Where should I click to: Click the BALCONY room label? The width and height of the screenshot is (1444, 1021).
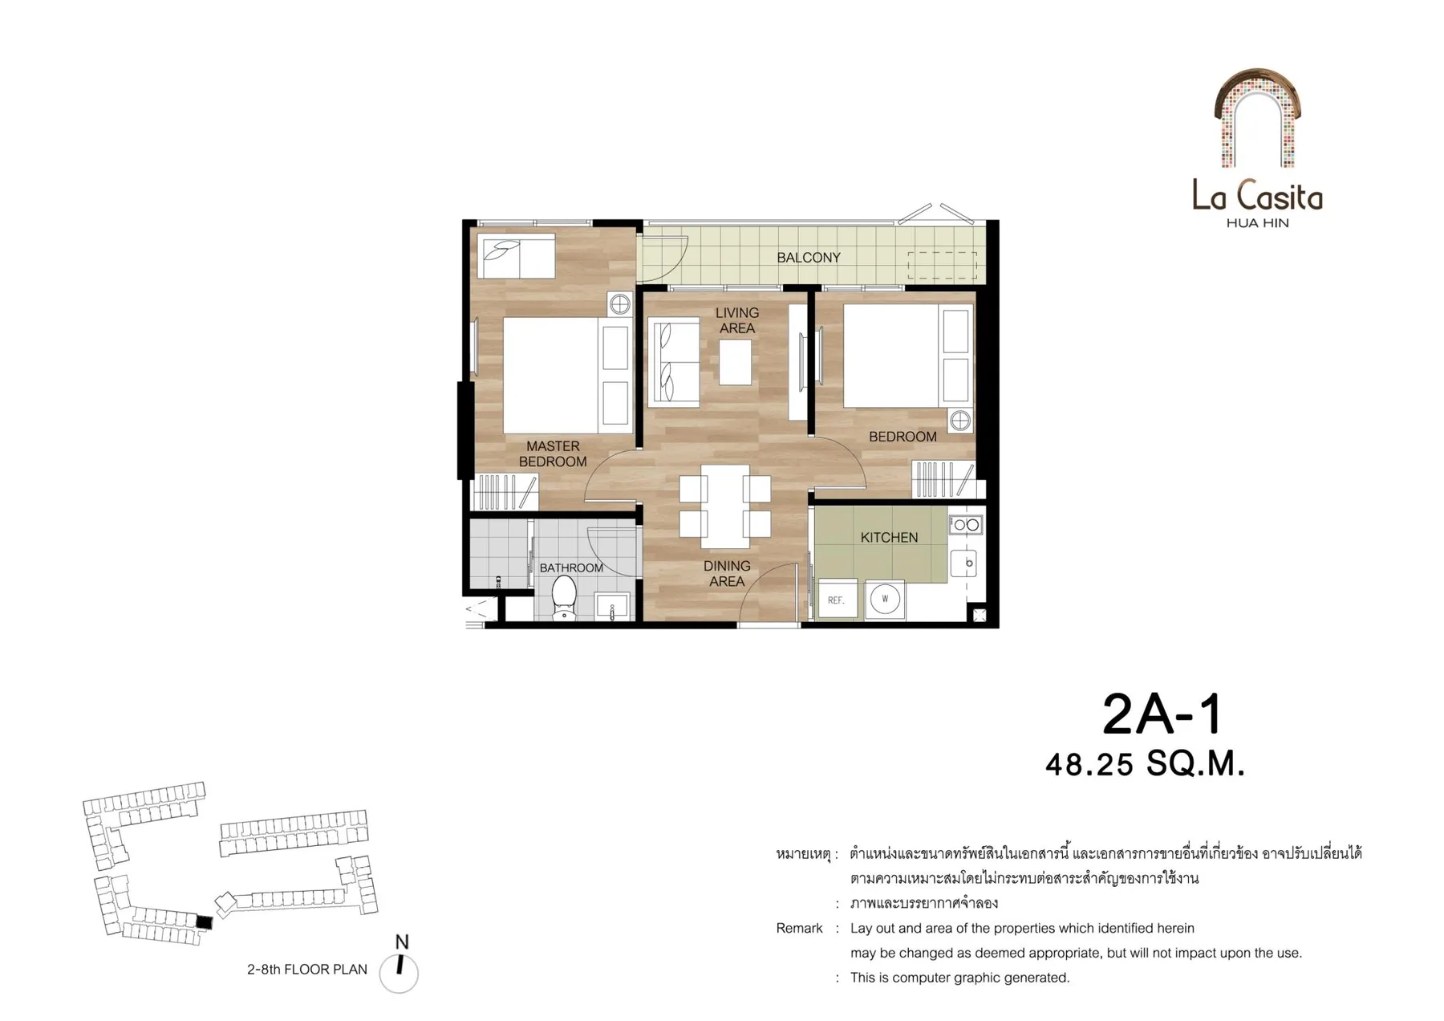pos(808,258)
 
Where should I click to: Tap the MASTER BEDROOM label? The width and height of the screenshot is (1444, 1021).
pos(553,454)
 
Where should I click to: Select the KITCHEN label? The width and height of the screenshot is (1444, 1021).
pos(889,538)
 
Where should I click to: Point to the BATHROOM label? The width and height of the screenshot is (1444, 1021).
pos(571,568)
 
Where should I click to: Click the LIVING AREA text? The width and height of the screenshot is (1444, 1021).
pos(737,320)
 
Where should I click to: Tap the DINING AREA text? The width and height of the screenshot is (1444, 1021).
pos(727,573)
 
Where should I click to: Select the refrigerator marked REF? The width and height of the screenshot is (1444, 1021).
pos(837,600)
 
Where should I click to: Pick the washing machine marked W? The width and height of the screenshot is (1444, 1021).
pos(885,600)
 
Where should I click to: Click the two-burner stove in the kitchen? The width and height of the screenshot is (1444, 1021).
pos(966,525)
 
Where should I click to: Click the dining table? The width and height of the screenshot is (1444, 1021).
pos(725,506)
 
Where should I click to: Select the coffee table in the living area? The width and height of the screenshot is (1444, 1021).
pos(736,362)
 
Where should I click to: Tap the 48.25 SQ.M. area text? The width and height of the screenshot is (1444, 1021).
pos(1145,763)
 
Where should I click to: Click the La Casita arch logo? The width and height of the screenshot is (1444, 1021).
pos(1257,118)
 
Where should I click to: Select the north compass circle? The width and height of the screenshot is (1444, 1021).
pos(399,974)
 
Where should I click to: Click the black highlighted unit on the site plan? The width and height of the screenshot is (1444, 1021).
pos(205,923)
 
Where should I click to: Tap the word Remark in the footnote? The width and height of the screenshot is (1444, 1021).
pos(799,929)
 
